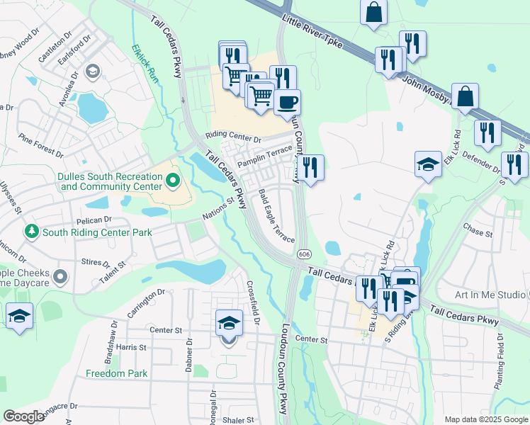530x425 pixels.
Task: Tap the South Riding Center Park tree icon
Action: click(31, 232)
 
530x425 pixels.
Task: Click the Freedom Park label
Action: click(116, 373)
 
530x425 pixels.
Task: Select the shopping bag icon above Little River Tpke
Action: click(373, 12)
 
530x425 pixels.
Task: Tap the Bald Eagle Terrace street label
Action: click(276, 215)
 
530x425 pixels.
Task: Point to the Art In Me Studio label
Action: click(490, 294)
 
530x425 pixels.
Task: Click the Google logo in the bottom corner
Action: click(23, 416)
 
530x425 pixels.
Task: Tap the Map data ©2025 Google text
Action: click(485, 419)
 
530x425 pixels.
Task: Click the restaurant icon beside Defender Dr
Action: click(487, 132)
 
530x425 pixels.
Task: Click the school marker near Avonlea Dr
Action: click(92, 72)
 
